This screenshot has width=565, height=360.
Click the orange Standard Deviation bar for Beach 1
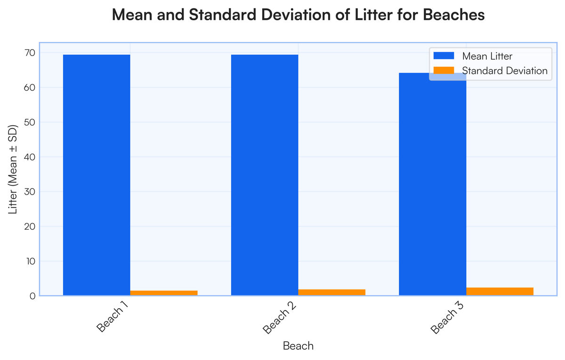pos(164,293)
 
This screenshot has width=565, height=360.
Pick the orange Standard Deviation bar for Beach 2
pos(331,293)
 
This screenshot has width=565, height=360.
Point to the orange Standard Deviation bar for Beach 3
pos(500,292)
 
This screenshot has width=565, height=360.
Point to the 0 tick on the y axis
pos(32,296)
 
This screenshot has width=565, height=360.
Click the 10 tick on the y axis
pos(30,261)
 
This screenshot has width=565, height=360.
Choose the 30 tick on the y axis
pos(30,192)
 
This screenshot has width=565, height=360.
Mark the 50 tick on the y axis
pos(30,123)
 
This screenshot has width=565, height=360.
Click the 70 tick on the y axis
pos(30,53)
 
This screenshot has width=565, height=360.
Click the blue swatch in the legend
pos(444,56)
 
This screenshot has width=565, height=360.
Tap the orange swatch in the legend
pos(444,71)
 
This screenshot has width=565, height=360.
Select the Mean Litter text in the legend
pos(487,56)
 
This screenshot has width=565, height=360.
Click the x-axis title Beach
pos(298,346)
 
